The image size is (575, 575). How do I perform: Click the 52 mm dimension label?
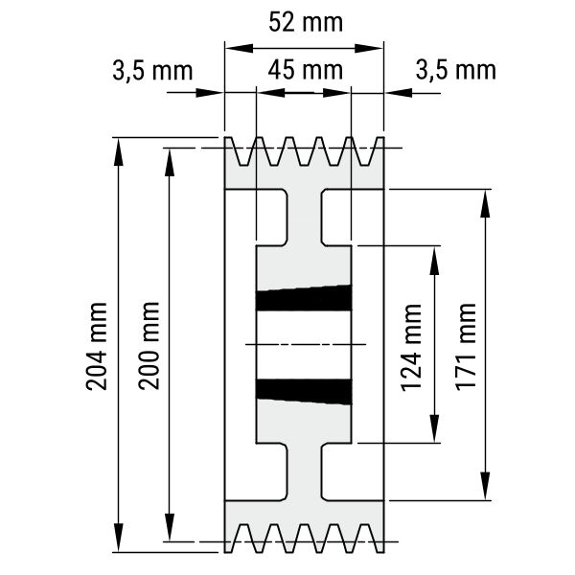point(306,22)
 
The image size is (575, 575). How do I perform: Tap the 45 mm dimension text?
point(306,70)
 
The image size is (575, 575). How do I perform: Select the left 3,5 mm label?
point(152,71)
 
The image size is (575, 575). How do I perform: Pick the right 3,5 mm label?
point(456,70)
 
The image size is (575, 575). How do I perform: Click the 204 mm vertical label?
point(97,346)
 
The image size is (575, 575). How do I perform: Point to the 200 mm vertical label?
point(149,345)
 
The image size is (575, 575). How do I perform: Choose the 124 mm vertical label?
point(411,348)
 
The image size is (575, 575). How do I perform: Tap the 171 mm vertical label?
point(466,347)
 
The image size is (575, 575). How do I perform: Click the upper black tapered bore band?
point(304,298)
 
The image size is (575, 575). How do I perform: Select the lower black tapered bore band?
point(304,392)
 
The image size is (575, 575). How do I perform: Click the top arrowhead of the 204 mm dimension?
point(118,152)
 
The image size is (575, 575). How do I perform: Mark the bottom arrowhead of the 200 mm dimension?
point(170,526)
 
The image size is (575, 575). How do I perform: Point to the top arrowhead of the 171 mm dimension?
point(485,204)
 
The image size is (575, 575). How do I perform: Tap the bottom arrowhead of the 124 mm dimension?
point(434,428)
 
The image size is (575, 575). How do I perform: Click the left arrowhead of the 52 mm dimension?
point(240,48)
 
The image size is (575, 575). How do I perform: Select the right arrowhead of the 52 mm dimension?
point(369,48)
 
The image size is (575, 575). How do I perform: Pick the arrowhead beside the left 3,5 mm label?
point(209,93)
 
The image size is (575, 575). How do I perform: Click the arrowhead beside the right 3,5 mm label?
point(399,93)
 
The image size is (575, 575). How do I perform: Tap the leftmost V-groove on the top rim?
point(243,153)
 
